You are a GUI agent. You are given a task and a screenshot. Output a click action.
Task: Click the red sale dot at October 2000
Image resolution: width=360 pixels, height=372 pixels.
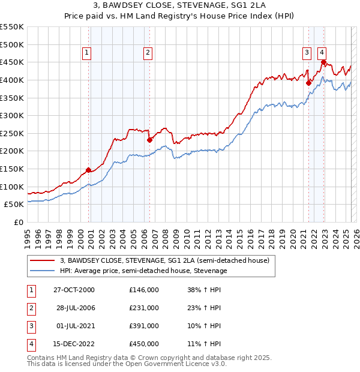pyautogui.click(x=88, y=170)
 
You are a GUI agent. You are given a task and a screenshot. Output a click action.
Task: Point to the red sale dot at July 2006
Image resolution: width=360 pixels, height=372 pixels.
pyautogui.click(x=149, y=140)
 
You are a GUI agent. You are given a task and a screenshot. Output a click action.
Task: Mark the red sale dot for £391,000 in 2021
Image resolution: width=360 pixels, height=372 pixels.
pyautogui.click(x=308, y=83)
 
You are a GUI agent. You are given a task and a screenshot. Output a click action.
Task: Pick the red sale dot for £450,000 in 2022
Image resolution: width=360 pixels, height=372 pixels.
pyautogui.click(x=323, y=62)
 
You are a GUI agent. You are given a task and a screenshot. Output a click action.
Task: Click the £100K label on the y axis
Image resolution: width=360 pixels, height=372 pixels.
pyautogui.click(x=12, y=187)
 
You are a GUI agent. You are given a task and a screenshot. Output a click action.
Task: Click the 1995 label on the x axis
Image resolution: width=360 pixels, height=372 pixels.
pyautogui.click(x=28, y=238)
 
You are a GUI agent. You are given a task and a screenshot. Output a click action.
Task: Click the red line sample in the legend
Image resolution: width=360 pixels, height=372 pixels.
pyautogui.click(x=42, y=260)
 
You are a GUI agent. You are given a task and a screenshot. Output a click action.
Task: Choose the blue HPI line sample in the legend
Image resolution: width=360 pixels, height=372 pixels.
pyautogui.click(x=42, y=271)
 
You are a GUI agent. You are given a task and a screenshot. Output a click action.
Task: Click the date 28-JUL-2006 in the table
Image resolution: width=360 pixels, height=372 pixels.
pyautogui.click(x=75, y=308)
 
